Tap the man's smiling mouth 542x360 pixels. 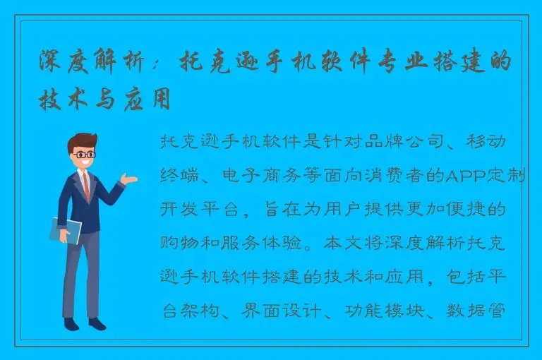pos(85,163)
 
